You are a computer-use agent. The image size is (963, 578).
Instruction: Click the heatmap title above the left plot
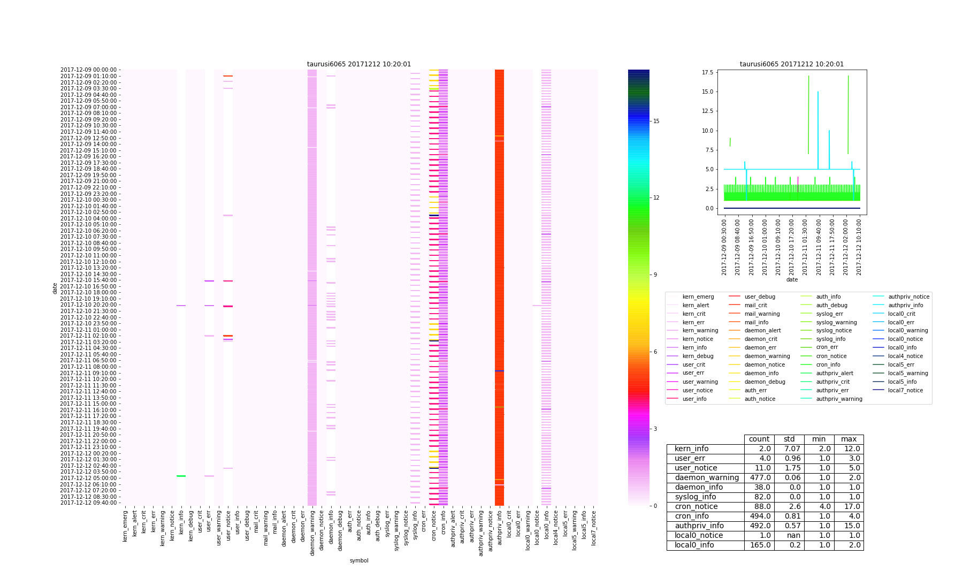[359, 64]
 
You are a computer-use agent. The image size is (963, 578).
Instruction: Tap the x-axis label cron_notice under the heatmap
[434, 527]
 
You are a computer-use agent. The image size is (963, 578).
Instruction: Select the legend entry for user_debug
[760, 296]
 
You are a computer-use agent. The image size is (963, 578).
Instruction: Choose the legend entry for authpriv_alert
[835, 373]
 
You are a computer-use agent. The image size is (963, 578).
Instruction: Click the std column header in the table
[789, 439]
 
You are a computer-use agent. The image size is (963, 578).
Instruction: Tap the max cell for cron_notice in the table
[849, 507]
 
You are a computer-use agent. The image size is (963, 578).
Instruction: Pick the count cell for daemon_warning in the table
[759, 478]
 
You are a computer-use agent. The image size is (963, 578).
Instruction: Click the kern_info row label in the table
[691, 449]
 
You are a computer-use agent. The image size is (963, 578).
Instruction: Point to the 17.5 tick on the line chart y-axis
[709, 72]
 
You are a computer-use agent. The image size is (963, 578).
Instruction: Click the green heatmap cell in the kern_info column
[181, 476]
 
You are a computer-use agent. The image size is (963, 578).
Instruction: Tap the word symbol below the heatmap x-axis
[359, 560]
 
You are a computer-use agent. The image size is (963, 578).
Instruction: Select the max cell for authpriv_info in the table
[849, 526]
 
